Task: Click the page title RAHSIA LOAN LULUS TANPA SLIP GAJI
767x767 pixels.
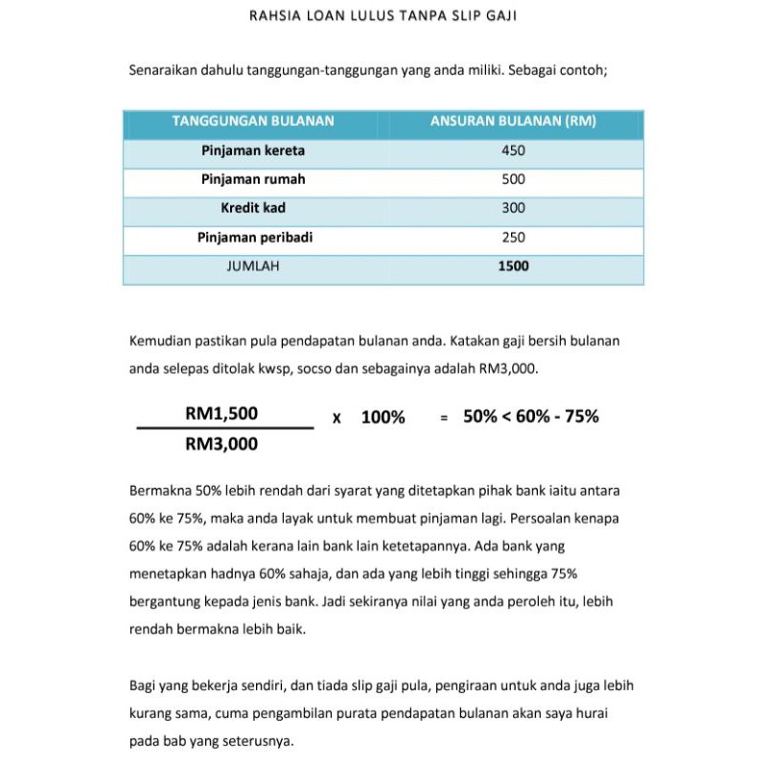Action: coord(383,16)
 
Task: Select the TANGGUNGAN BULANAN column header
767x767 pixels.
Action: coord(253,122)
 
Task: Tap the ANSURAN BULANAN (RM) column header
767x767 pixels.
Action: coord(513,122)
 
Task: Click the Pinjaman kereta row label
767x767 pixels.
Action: coord(253,151)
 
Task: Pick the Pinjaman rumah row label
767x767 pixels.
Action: coord(253,179)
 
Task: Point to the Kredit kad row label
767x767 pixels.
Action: coord(253,208)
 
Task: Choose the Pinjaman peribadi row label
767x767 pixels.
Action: coord(254,237)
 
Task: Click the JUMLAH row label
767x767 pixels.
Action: coord(253,267)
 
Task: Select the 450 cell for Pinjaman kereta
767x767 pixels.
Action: coord(513,151)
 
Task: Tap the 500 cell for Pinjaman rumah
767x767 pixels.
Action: coord(513,179)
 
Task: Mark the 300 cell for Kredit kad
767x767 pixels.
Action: coord(513,208)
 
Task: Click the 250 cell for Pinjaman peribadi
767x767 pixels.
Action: coord(513,237)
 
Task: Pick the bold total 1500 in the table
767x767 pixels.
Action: coord(513,267)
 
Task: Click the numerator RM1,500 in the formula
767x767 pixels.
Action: coord(221,413)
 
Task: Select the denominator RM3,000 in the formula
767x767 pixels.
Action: coord(221,444)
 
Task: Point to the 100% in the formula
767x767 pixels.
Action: coord(383,418)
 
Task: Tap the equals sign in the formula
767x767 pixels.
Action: coord(444,418)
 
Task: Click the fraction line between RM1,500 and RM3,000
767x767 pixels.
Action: coord(225,429)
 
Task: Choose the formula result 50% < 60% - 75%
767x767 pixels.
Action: coord(531,417)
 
